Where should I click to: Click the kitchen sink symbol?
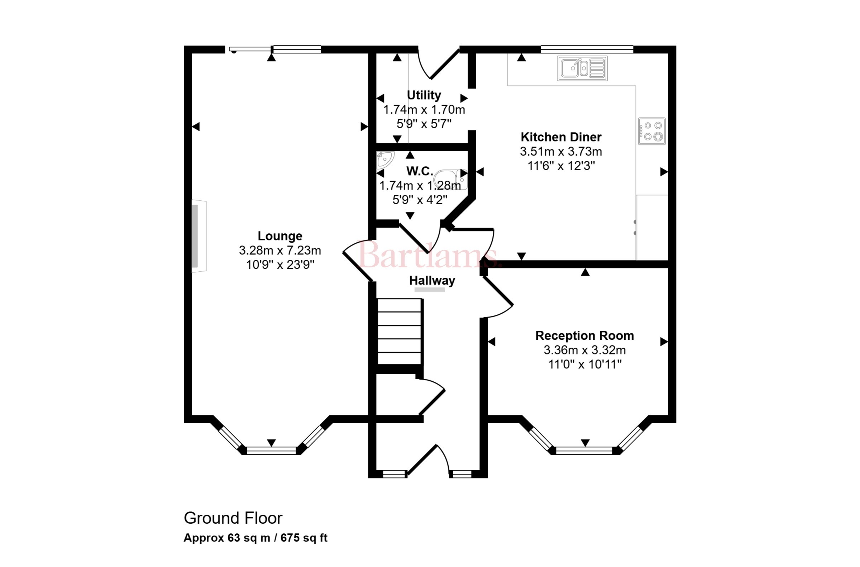click(x=582, y=68)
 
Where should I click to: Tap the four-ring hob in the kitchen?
click(x=652, y=131)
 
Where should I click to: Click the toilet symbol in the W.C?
click(x=450, y=180)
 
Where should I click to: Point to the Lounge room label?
click(x=280, y=236)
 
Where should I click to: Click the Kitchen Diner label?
click(x=561, y=137)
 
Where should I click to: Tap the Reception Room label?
click(x=584, y=335)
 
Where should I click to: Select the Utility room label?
click(x=424, y=95)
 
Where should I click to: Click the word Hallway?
click(x=432, y=281)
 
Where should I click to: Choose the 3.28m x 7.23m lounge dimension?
click(x=280, y=250)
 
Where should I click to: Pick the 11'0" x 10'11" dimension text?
click(x=584, y=364)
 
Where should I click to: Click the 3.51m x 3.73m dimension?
click(x=561, y=152)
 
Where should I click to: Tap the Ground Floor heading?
click(x=233, y=518)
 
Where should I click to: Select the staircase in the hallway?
click(x=400, y=331)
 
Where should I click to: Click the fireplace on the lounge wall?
click(x=199, y=236)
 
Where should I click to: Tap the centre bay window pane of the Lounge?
click(x=271, y=450)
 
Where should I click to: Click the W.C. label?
click(x=419, y=171)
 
